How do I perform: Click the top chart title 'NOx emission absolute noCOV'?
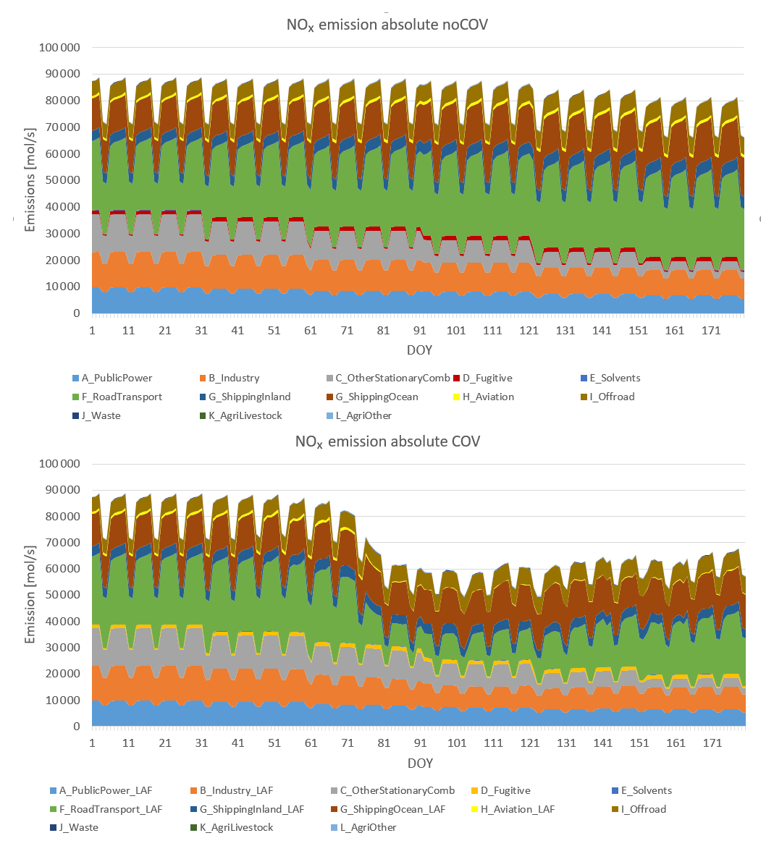[387, 25]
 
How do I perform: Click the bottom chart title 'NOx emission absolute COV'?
[387, 441]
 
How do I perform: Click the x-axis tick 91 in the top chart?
[419, 331]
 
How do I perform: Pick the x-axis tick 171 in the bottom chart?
[712, 743]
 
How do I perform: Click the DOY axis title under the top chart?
[419, 350]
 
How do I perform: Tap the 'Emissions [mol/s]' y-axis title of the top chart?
[30, 181]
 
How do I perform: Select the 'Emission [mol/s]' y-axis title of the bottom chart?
[30, 595]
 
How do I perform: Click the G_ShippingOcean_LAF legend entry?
[392, 809]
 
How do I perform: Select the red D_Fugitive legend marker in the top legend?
[457, 378]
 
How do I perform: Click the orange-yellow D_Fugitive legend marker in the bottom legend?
[474, 790]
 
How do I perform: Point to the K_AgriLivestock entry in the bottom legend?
[236, 827]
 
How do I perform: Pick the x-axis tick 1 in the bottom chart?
[93, 743]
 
